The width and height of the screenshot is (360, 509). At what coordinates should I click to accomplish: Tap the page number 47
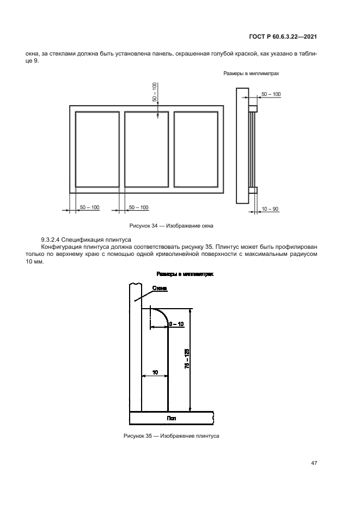(314, 463)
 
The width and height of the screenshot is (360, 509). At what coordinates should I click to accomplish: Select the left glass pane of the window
(97, 149)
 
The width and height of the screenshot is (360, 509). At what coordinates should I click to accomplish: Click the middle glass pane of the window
(147, 149)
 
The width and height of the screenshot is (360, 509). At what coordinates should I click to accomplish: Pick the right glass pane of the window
(196, 149)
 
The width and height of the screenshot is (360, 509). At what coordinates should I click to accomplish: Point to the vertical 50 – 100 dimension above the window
(154, 93)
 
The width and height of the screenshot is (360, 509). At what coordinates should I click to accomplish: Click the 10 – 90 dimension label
(271, 208)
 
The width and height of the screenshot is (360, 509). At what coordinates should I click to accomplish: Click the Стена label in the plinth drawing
(160, 288)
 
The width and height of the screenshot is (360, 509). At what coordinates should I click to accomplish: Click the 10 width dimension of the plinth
(155, 372)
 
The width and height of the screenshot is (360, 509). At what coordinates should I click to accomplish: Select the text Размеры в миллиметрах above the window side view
(251, 73)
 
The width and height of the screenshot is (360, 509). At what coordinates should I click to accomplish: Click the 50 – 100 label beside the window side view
(271, 94)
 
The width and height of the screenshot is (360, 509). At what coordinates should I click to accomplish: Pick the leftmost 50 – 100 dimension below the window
(89, 207)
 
